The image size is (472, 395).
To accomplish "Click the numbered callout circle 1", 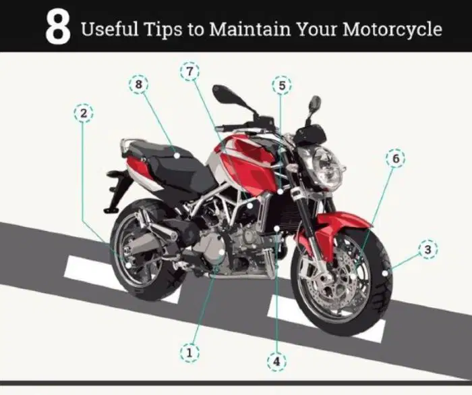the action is [189, 352].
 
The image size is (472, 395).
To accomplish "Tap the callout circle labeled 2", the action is [84, 113].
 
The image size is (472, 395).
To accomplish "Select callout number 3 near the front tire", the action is [427, 249].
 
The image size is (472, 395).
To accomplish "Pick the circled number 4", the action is [276, 361].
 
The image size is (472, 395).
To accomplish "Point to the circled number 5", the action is [282, 85].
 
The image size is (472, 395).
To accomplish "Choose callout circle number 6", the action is [396, 158].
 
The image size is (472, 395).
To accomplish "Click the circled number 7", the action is [189, 72].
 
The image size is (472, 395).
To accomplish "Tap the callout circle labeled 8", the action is [138, 84].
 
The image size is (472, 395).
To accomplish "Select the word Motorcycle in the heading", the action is [392, 30].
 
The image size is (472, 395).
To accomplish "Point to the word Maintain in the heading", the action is [250, 29].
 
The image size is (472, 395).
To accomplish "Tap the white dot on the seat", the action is [177, 155].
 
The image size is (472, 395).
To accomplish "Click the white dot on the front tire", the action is [385, 273].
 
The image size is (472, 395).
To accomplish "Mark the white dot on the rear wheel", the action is [128, 265].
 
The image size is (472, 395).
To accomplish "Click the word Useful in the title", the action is [109, 29].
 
